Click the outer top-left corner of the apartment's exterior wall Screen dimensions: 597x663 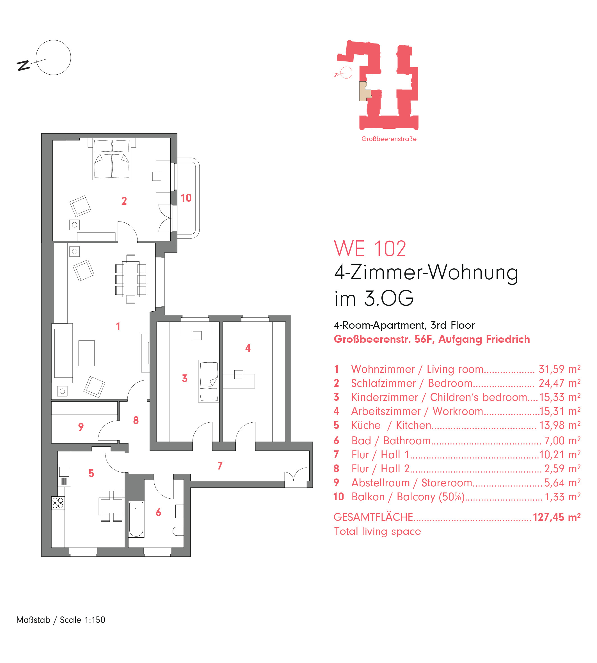pos(42,134)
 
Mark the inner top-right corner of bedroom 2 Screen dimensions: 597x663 pos(170,138)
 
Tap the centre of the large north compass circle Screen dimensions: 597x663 pos(53,57)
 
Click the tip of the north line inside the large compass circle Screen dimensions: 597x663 pos(46,59)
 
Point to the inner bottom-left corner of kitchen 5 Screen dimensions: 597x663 pos(52,547)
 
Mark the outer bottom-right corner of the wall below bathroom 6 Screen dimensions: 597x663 pos(190,556)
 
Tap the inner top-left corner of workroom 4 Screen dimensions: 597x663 pos(223,322)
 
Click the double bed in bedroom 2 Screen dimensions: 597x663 pos(112,159)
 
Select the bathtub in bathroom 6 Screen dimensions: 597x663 pos(136,519)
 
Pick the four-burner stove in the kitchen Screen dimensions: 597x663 pos(58,503)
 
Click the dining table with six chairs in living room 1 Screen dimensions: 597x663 pos(131,280)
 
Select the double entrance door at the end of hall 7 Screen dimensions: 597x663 pos(296,479)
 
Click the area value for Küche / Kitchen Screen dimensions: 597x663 pos(560,425)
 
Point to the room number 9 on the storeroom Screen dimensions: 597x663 pos(81,427)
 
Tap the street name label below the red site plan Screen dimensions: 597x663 pos(389,139)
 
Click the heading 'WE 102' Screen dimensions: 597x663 pos(370,249)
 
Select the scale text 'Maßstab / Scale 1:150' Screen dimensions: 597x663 pos(61,620)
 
